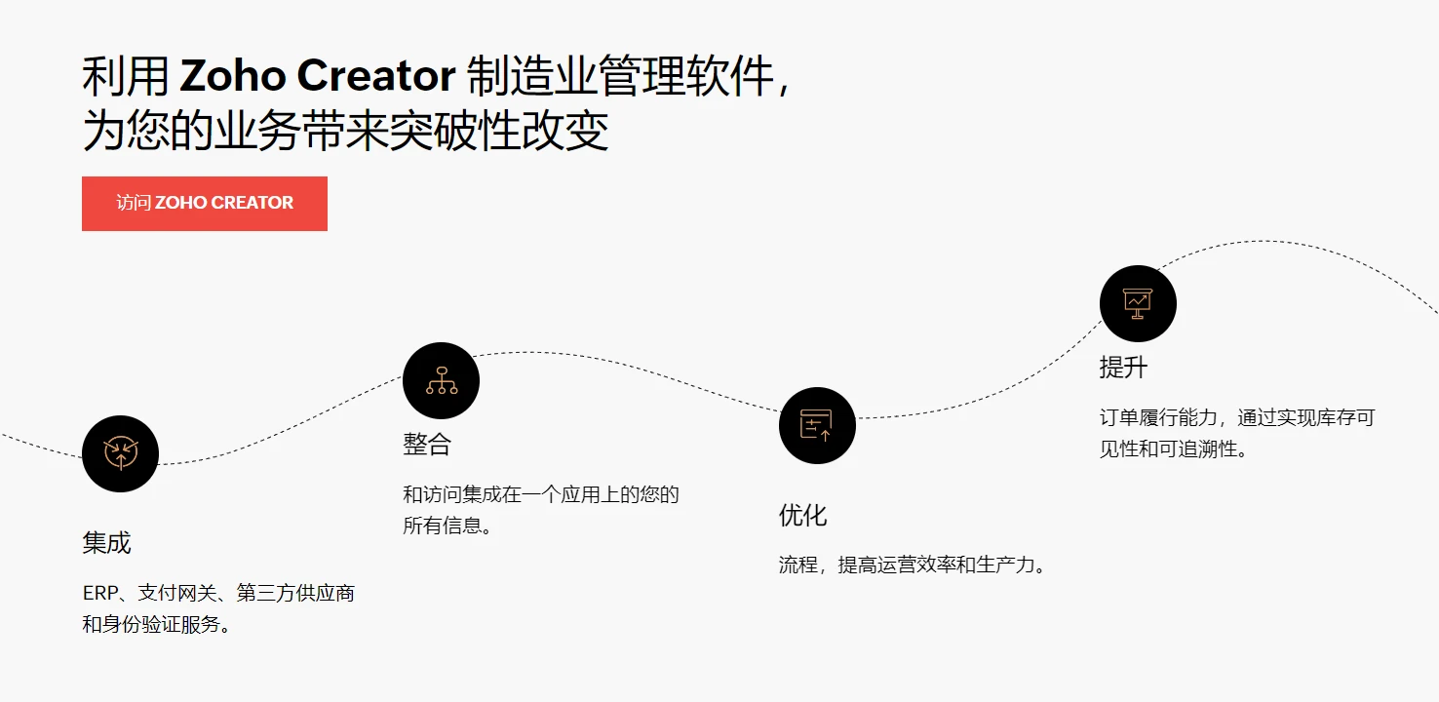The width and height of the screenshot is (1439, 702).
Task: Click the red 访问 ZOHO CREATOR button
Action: [205, 203]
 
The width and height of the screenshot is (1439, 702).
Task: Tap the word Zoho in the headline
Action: [233, 75]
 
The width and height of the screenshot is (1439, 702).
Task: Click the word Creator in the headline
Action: [375, 75]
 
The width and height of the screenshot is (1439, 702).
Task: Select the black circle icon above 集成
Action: [120, 453]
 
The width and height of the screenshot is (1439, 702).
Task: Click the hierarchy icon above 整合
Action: [442, 380]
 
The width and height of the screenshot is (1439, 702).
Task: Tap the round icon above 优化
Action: [817, 425]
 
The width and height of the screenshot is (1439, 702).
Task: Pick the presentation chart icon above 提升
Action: [1138, 303]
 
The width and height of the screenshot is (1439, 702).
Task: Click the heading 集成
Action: [106, 543]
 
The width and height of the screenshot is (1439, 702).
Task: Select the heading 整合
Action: [427, 444]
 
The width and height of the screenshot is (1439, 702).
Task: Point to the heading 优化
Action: [803, 515]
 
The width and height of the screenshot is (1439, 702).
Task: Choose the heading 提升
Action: [1123, 368]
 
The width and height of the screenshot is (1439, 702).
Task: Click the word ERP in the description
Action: [100, 593]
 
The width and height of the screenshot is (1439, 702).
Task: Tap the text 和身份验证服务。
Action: [157, 624]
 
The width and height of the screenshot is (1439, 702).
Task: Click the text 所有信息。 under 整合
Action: [447, 526]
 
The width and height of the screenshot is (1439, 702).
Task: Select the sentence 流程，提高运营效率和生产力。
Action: [913, 565]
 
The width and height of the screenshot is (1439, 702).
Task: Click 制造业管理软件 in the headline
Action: [620, 76]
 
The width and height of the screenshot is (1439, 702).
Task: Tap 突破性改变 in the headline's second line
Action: [498, 131]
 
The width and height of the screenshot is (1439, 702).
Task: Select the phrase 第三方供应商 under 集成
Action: [295, 593]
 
